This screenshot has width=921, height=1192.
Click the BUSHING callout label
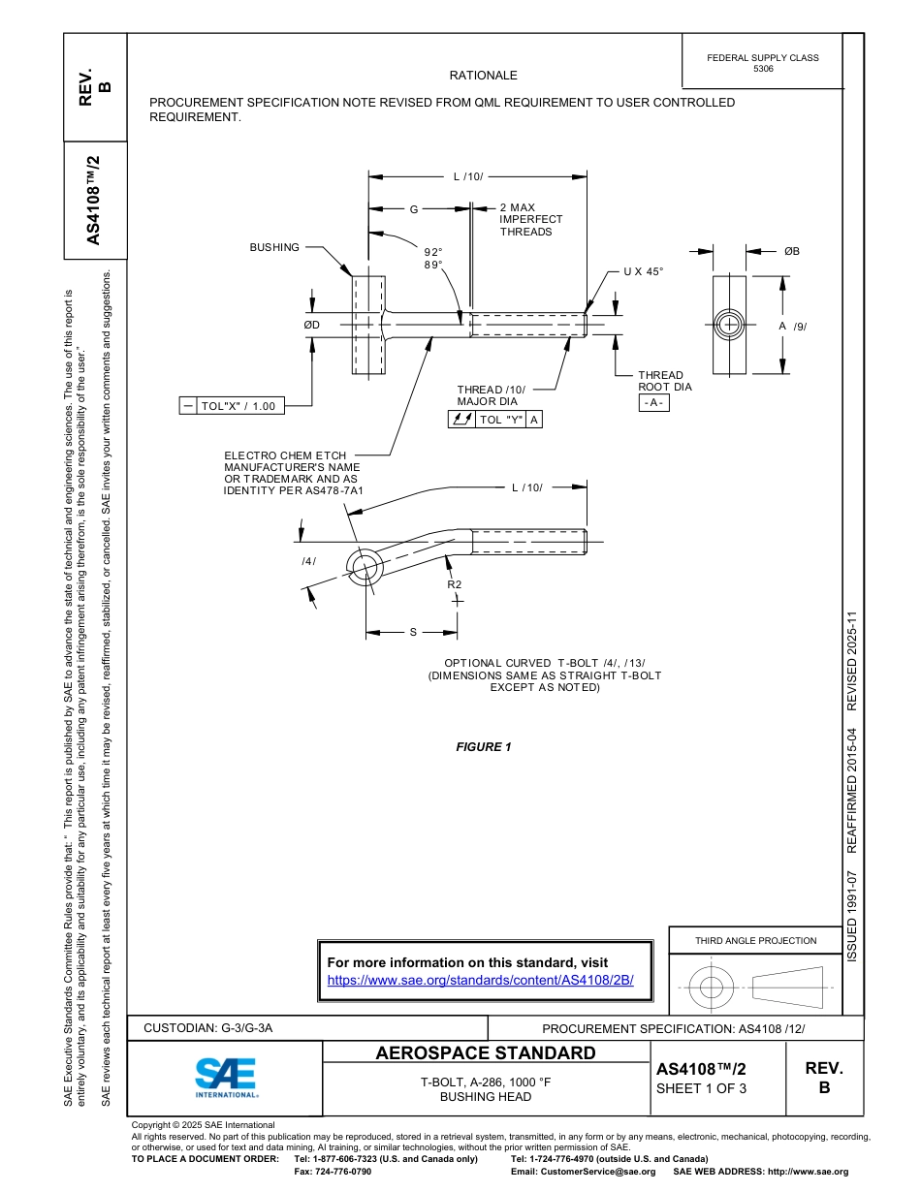(274, 248)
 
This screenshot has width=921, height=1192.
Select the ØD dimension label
(311, 325)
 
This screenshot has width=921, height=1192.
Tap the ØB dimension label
(792, 251)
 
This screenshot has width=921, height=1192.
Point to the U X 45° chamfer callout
(644, 271)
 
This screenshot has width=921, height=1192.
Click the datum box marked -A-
(653, 402)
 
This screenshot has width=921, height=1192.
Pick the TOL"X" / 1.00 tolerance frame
(233, 406)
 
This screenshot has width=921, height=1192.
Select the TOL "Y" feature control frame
(494, 420)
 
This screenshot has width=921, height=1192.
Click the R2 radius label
(454, 584)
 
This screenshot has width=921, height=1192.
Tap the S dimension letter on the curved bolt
(412, 632)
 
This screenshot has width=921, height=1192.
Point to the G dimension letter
(413, 208)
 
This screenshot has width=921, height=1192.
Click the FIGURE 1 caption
(483, 746)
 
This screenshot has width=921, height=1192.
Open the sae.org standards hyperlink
(480, 980)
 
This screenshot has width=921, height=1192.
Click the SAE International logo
(226, 1077)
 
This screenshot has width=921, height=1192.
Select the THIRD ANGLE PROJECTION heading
(755, 940)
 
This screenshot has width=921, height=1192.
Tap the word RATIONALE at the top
(483, 76)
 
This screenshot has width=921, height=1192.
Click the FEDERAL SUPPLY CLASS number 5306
(763, 70)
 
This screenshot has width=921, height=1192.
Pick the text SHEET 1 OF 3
(701, 1087)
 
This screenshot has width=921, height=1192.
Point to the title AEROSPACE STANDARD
(486, 1053)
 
